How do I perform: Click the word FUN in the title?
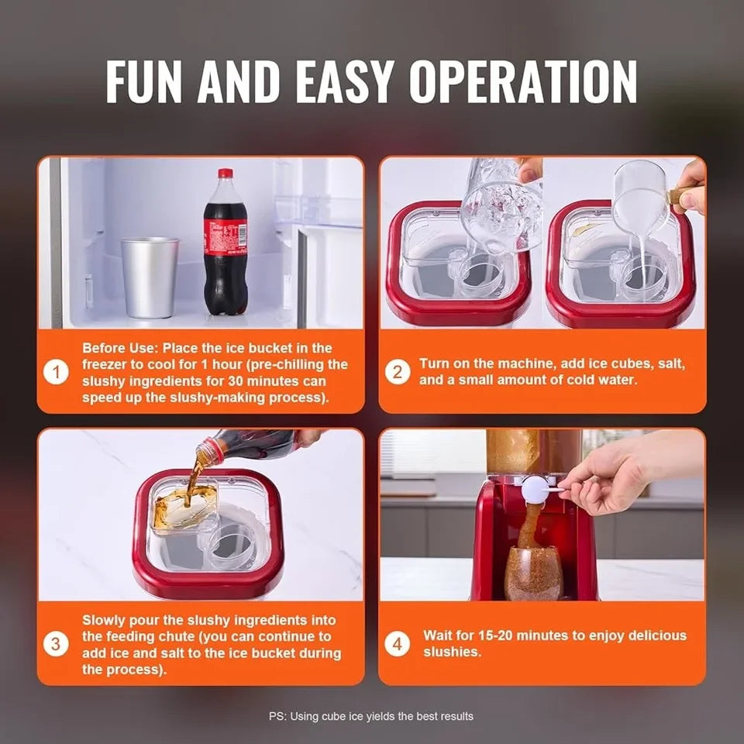tap(144, 80)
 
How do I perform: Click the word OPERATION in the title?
tap(523, 80)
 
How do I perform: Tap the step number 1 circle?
tap(56, 373)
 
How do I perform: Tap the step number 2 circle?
tap(397, 372)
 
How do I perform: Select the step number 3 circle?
tap(56, 644)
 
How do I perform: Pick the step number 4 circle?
tap(397, 644)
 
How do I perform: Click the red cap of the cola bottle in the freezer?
tap(226, 174)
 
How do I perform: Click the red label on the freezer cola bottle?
tap(226, 233)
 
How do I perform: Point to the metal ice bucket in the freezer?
tap(150, 277)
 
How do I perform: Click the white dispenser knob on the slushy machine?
tap(535, 490)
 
